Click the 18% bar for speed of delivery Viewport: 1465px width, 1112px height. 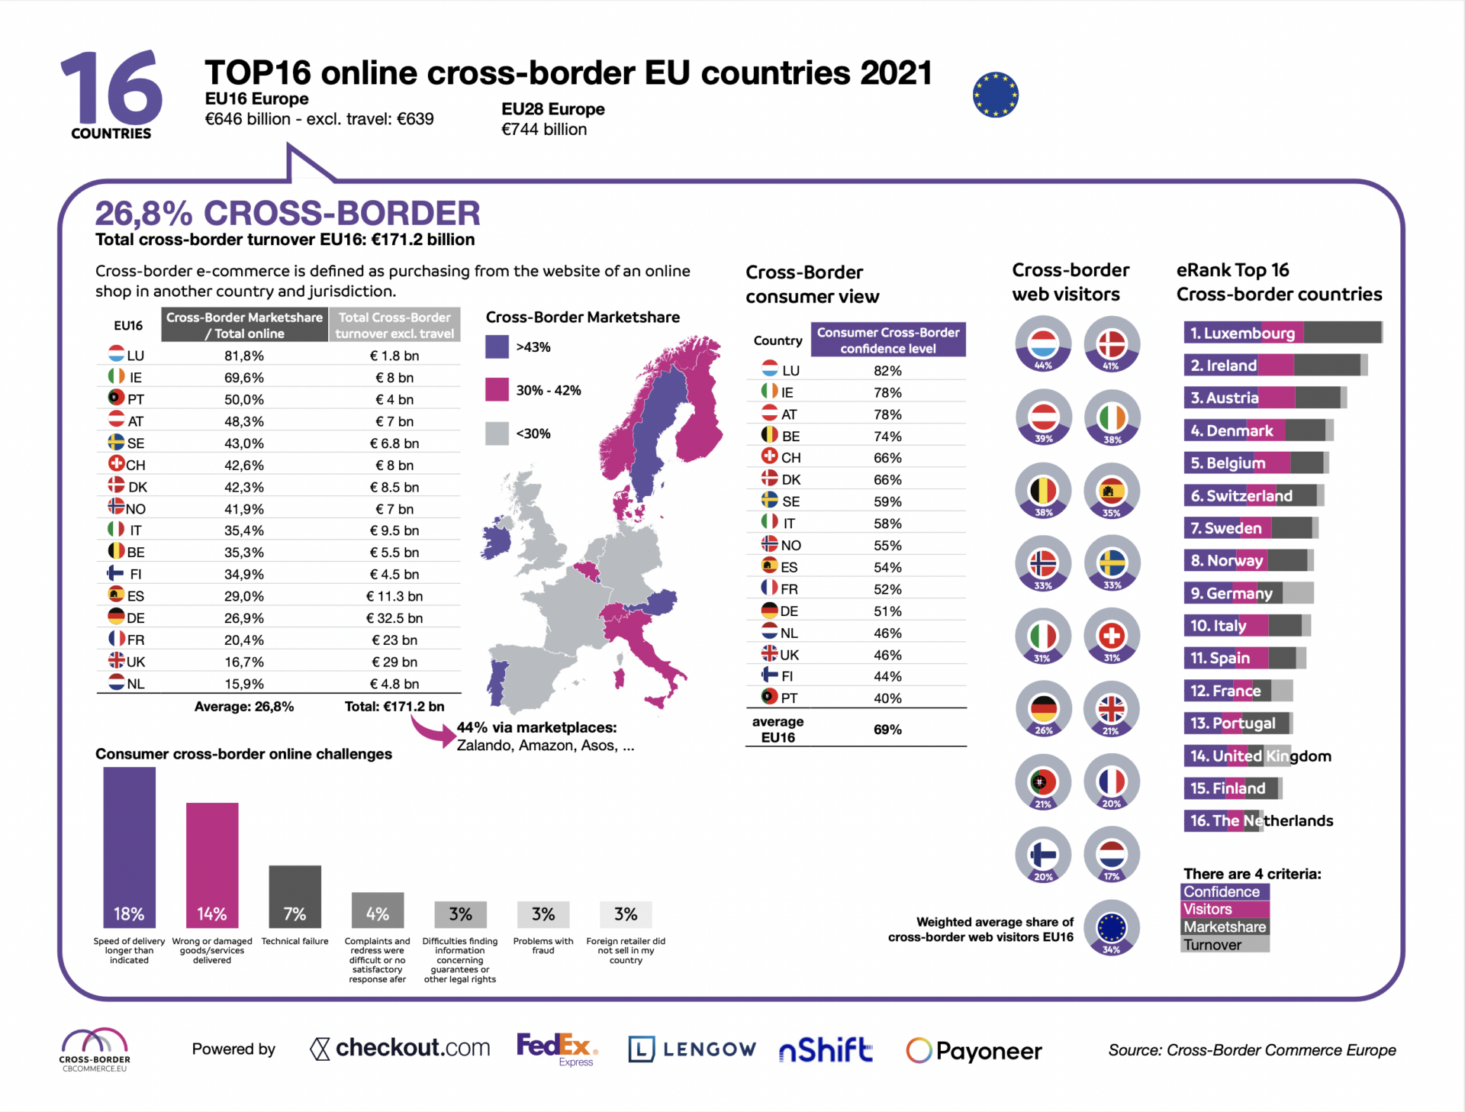coord(129,847)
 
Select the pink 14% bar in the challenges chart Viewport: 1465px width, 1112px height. coord(212,865)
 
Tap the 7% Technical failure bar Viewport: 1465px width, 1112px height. coord(295,896)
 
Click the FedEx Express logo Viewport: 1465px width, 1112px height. coord(557,1049)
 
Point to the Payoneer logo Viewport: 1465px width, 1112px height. coord(974,1051)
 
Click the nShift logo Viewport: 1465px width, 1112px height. coord(826,1050)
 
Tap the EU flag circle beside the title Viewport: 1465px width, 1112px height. coord(995,95)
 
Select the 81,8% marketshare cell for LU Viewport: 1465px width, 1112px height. coord(244,356)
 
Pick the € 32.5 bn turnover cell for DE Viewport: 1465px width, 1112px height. coord(394,618)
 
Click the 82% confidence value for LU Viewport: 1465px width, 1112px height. coord(887,371)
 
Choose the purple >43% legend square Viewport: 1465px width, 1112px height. coord(497,347)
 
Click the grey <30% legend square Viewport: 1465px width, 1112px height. coord(497,434)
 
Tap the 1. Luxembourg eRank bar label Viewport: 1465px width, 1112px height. coord(1242,333)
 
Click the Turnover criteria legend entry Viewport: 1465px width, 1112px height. coord(1212,945)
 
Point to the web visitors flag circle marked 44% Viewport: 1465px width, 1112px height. coord(1043,345)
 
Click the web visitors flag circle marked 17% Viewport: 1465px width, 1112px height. coord(1112,855)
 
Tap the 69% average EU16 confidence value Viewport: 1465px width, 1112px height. coord(887,730)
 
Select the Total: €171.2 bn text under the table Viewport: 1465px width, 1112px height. coord(394,707)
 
